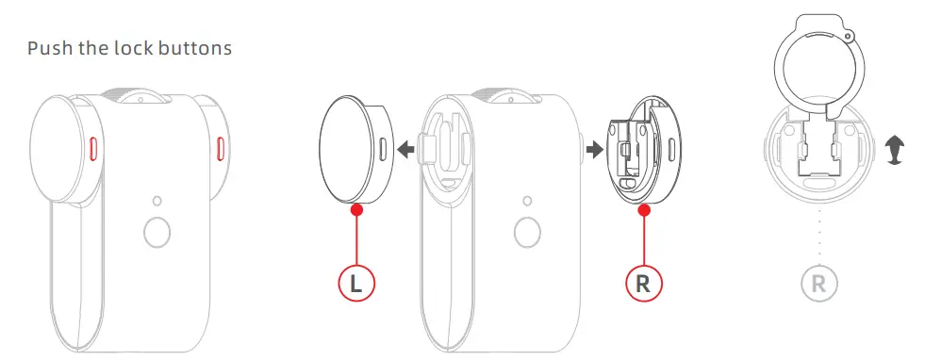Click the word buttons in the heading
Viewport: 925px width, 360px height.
tap(196, 47)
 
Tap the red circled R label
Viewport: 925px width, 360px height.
tap(644, 282)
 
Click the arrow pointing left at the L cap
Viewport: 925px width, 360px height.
tap(405, 149)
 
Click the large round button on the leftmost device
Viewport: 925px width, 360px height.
tap(157, 231)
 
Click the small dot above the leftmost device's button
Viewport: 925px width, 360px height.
tap(157, 201)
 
